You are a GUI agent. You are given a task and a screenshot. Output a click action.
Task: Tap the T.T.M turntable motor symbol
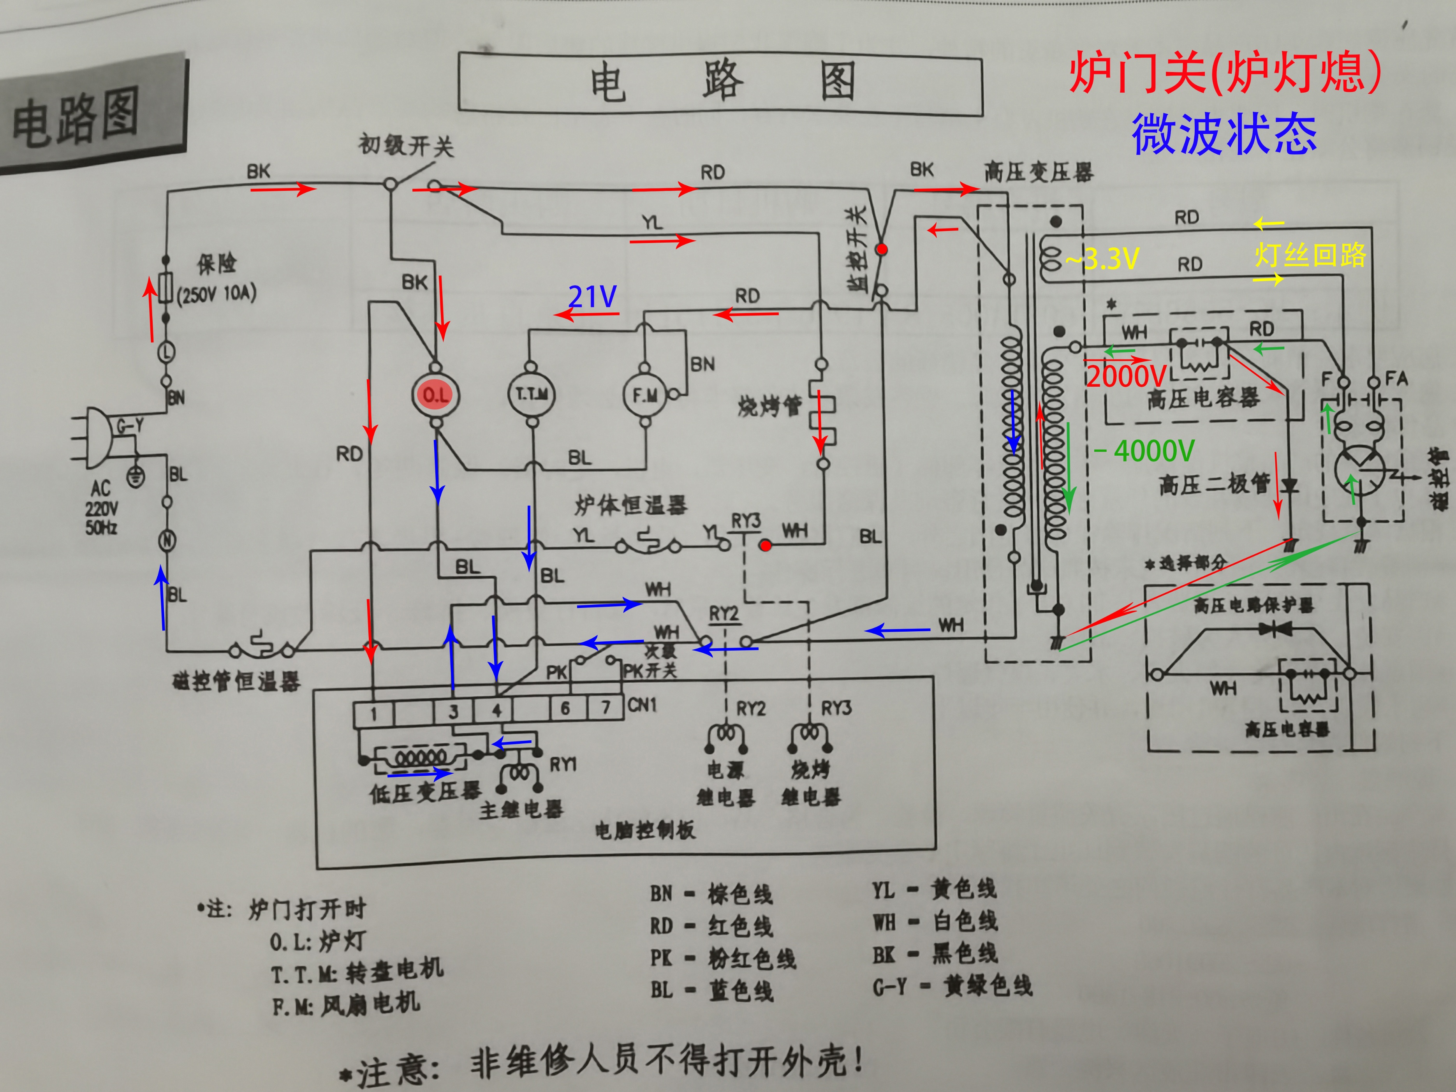(531, 394)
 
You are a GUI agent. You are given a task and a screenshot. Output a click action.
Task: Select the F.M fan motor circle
(644, 395)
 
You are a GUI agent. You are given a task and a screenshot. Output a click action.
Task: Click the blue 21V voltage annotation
(592, 298)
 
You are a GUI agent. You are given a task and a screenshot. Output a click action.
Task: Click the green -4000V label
(1145, 451)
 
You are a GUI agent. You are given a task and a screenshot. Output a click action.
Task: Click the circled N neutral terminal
(167, 541)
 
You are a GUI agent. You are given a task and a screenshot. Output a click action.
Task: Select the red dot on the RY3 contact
(765, 546)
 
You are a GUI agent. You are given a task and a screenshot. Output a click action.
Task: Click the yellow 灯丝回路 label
(1310, 255)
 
